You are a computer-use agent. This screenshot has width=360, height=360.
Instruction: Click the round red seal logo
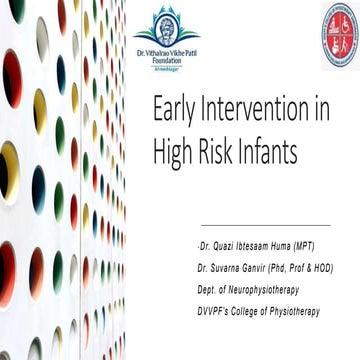(x=339, y=34)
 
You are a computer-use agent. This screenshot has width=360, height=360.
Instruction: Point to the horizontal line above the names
(x=265, y=225)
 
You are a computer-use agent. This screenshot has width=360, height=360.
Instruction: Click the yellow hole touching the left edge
(x=7, y=170)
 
